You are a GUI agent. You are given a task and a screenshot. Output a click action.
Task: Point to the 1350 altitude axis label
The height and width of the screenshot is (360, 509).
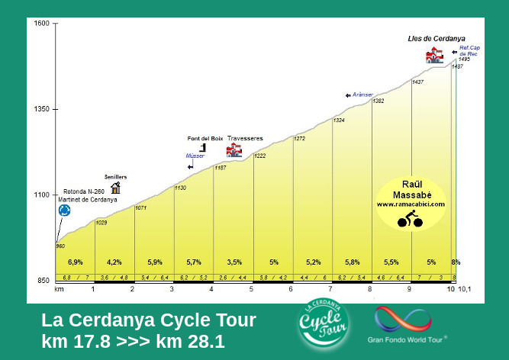pyautogui.click(x=41, y=109)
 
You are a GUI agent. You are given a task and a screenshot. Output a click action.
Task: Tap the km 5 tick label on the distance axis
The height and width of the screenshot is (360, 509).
pyautogui.click(x=251, y=289)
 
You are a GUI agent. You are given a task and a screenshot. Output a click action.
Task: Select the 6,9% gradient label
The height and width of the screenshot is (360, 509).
pyautogui.click(x=75, y=262)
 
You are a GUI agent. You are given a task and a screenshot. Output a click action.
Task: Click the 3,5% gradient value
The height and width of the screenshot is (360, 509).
pyautogui.click(x=234, y=262)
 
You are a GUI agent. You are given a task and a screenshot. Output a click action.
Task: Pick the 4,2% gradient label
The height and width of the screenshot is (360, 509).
pyautogui.click(x=114, y=262)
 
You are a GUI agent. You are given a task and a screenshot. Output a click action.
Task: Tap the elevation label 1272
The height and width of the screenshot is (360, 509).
pyautogui.click(x=299, y=139)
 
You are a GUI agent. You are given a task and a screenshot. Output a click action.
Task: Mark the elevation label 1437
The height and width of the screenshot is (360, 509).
pyautogui.click(x=417, y=82)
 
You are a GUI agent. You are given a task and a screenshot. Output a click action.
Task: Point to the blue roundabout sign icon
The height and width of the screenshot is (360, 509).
pyautogui.click(x=64, y=210)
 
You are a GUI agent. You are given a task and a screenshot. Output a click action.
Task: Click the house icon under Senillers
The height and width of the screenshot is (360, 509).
pyautogui.click(x=115, y=187)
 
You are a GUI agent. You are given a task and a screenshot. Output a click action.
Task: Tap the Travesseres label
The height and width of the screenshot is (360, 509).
pyautogui.click(x=245, y=138)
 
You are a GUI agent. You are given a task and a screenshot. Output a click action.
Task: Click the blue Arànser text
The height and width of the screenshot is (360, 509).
pyautogui.click(x=362, y=95)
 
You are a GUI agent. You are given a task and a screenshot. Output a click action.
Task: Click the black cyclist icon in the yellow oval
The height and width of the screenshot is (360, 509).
pyautogui.click(x=410, y=220)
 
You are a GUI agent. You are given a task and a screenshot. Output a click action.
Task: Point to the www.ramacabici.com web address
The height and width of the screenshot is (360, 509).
pyautogui.click(x=411, y=204)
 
